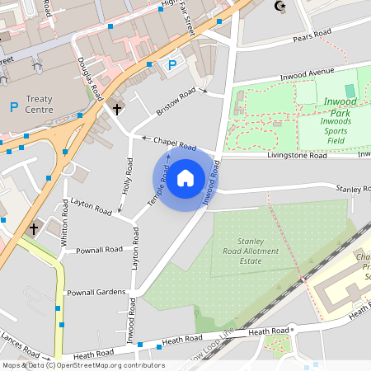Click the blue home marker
point(185,177)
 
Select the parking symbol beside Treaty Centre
point(13,107)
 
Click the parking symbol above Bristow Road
point(172,65)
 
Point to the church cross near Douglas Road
point(117,108)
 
